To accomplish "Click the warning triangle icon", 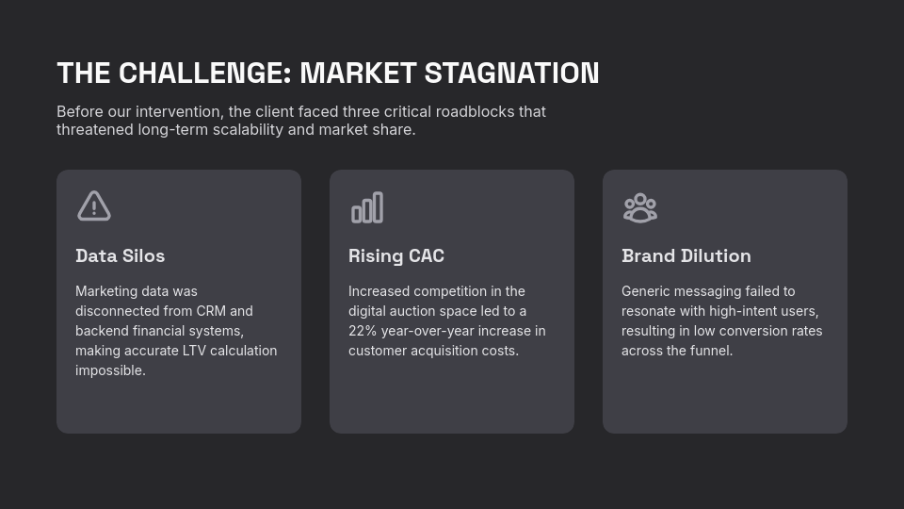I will (94, 206).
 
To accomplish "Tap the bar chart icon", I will (367, 207).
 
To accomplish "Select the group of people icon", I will (640, 207).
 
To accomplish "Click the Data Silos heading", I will (120, 255).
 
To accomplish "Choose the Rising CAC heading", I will (395, 255).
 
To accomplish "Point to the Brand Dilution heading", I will (686, 255).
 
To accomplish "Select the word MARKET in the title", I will (358, 74).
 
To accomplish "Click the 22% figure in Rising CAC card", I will (363, 331).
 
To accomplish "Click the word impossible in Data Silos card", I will (109, 370).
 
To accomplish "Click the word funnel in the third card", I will (711, 351).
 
